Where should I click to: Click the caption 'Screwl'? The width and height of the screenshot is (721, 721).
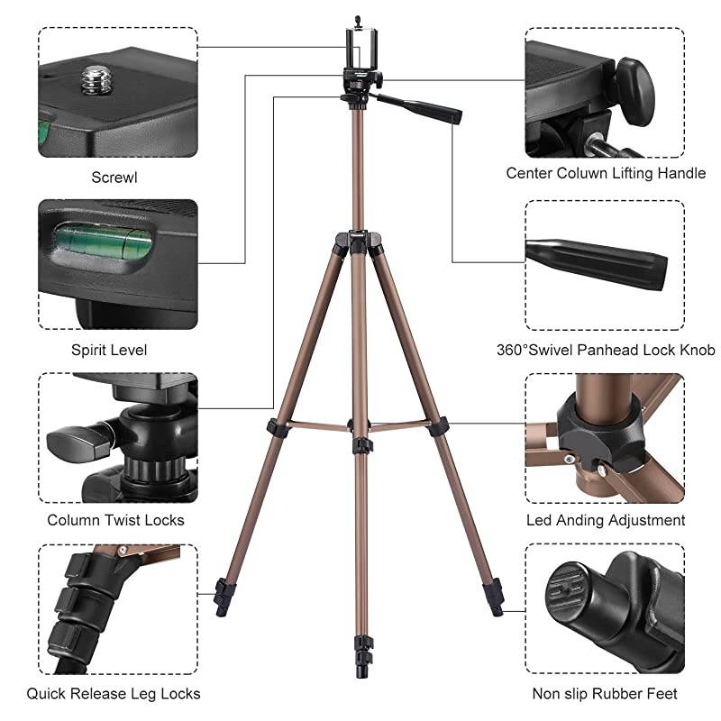click(114, 178)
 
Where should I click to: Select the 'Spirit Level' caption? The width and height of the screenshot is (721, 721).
click(108, 350)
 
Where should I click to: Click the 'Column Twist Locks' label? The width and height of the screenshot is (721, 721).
click(115, 520)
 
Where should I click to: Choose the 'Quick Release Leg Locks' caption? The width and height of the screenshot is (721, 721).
click(114, 693)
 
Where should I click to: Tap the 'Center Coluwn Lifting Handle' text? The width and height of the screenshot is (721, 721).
click(606, 172)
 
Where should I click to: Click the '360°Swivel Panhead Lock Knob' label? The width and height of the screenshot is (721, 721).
click(606, 350)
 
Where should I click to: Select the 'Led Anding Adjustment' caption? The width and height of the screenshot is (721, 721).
click(606, 520)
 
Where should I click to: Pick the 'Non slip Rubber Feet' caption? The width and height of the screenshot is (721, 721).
click(606, 693)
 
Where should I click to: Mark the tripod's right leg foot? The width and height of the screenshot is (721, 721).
click(497, 598)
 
